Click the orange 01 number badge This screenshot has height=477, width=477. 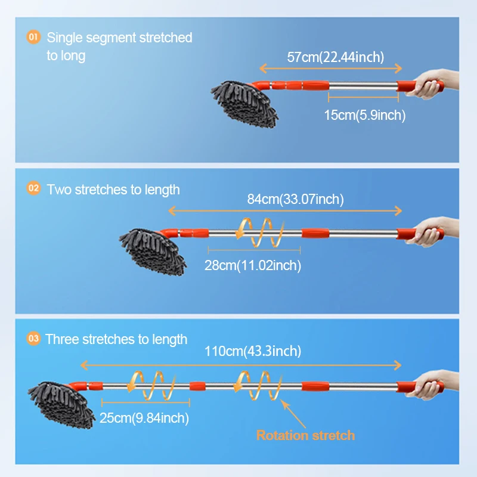[34, 38]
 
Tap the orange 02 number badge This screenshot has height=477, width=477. [34, 190]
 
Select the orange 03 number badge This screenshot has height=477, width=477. [34, 339]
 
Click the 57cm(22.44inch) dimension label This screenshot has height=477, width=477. [335, 57]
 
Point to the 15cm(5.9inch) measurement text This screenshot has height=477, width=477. [364, 116]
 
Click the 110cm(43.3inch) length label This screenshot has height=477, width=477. [252, 351]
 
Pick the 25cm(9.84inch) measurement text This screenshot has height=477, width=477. [144, 419]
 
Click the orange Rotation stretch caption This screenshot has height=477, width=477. [305, 435]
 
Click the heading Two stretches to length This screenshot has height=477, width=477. [113, 190]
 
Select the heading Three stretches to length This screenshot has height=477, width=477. [116, 339]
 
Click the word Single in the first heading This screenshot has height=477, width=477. [65, 38]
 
